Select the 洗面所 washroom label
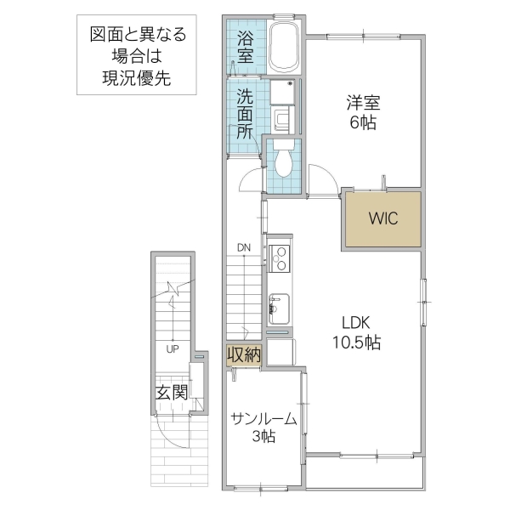[245, 114]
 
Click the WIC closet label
[382, 217]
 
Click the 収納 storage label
[244, 354]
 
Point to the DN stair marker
[244, 248]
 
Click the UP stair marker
[172, 348]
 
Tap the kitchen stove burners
[279, 256]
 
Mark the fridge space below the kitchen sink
[280, 350]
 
